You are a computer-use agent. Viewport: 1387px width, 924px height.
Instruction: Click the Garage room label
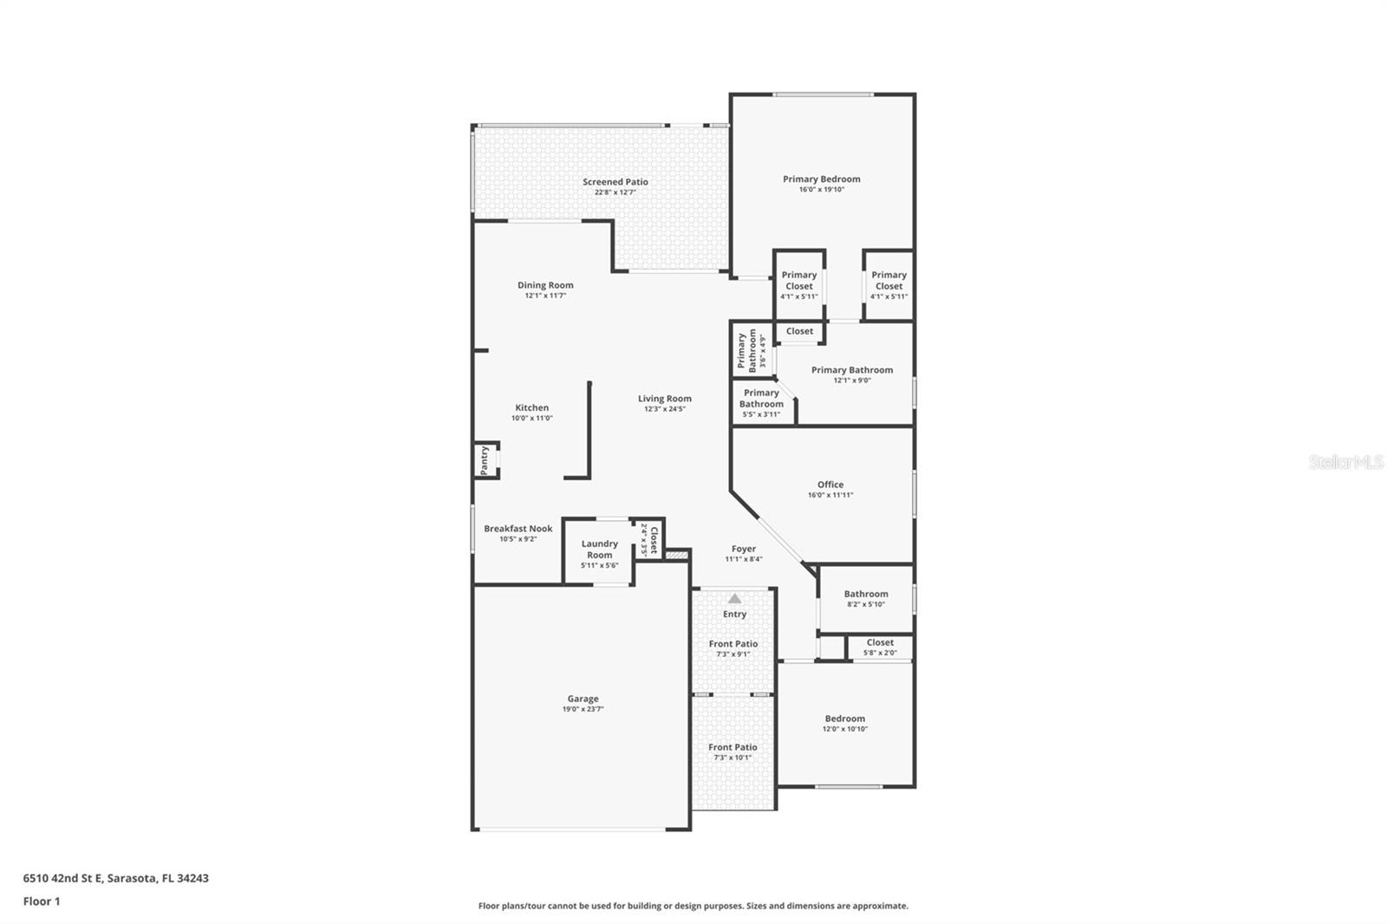tap(583, 699)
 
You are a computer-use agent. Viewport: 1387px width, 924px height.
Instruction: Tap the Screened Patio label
tap(615, 181)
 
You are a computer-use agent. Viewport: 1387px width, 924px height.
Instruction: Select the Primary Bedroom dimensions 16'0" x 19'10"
tap(822, 190)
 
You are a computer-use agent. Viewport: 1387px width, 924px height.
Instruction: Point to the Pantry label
tap(485, 459)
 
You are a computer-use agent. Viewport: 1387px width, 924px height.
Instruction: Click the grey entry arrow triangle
tap(734, 599)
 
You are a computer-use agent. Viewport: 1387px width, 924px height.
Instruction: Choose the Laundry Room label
tap(599, 550)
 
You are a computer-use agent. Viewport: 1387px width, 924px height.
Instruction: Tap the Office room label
tap(830, 485)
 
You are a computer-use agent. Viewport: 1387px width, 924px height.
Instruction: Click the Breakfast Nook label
tap(518, 528)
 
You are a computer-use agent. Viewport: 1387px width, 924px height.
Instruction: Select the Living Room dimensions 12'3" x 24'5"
tap(665, 409)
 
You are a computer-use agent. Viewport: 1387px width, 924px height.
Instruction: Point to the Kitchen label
tap(532, 407)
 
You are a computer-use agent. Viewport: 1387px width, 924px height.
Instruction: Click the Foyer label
tap(744, 549)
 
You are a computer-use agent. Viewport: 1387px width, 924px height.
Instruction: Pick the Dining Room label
tap(545, 285)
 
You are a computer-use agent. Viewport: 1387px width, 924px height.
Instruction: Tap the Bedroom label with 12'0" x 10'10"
tap(845, 719)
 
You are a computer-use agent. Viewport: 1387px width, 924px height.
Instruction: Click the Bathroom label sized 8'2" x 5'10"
tap(866, 594)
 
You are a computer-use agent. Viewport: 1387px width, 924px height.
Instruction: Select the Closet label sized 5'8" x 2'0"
tap(881, 642)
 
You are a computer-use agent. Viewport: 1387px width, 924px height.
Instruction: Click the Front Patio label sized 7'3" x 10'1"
tap(733, 747)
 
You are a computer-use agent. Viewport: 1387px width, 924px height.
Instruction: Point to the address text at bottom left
tap(116, 878)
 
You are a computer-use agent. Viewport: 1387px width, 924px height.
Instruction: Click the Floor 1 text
tap(42, 901)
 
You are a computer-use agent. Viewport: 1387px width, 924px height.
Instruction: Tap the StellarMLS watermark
tap(1346, 461)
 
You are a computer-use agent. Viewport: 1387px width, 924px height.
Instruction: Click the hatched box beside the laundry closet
tap(677, 555)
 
